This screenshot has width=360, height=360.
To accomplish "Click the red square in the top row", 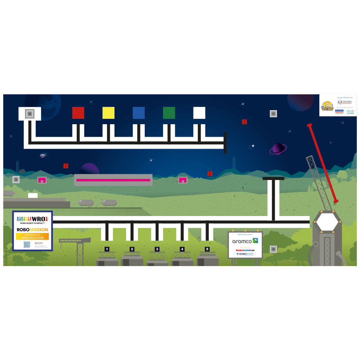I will coord(78,113).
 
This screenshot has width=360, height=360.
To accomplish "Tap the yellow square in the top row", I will coord(108,113).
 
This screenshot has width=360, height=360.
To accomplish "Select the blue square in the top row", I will coord(139,113).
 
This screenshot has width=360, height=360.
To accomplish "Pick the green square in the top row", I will coord(169,113).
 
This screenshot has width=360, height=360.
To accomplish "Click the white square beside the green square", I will coord(199,113).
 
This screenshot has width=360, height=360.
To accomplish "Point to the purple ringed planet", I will coord(278,148).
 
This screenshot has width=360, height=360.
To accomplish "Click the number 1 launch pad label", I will coord(107,249).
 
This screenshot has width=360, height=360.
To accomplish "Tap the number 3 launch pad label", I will coord(157,249).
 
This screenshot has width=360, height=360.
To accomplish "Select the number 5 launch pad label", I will coord(207,249).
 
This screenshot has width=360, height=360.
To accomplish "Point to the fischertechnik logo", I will coord(245,250).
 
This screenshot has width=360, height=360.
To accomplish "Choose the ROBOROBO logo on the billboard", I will coord(245,254).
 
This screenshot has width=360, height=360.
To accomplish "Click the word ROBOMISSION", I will coord(32,229).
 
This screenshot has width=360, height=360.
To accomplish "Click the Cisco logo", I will coord(350,112).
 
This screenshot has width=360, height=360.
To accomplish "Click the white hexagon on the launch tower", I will coord(327,222).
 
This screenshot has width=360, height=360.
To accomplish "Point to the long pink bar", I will coord(113,180).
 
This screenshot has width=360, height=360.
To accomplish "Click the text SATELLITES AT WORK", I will coord(32,238).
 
